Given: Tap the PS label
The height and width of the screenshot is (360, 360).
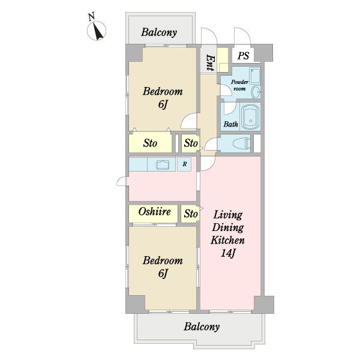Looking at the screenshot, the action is (x=243, y=56).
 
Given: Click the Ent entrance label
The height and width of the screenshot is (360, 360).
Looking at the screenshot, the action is (x=211, y=62).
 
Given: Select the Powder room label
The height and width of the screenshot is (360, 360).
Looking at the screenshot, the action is (x=239, y=85).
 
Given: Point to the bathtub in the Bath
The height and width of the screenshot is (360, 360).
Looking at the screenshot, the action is (x=251, y=117).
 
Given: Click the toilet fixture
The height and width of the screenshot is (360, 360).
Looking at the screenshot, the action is (x=242, y=143).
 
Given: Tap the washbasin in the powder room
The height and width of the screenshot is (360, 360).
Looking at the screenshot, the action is (x=256, y=92).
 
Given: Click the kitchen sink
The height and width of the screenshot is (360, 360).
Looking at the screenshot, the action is (x=163, y=164).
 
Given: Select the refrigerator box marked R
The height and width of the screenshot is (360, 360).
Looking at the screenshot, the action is (x=184, y=164).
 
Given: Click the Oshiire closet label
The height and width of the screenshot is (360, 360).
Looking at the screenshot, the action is (x=155, y=212).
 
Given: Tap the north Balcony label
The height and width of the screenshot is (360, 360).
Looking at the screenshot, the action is (x=159, y=32).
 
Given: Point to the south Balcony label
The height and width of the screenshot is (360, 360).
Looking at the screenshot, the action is (x=202, y=326).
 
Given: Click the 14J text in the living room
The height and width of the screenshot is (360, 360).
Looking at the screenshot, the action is (x=228, y=253).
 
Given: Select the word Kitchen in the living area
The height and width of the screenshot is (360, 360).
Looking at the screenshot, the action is (x=227, y=240).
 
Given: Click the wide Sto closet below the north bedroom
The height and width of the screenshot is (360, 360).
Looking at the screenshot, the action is (x=150, y=143).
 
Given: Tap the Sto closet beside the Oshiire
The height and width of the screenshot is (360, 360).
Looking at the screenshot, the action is (x=190, y=214).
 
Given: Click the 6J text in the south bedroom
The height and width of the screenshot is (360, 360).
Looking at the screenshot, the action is (x=163, y=274).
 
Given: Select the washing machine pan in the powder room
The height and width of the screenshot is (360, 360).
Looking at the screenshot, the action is (x=255, y=76).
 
